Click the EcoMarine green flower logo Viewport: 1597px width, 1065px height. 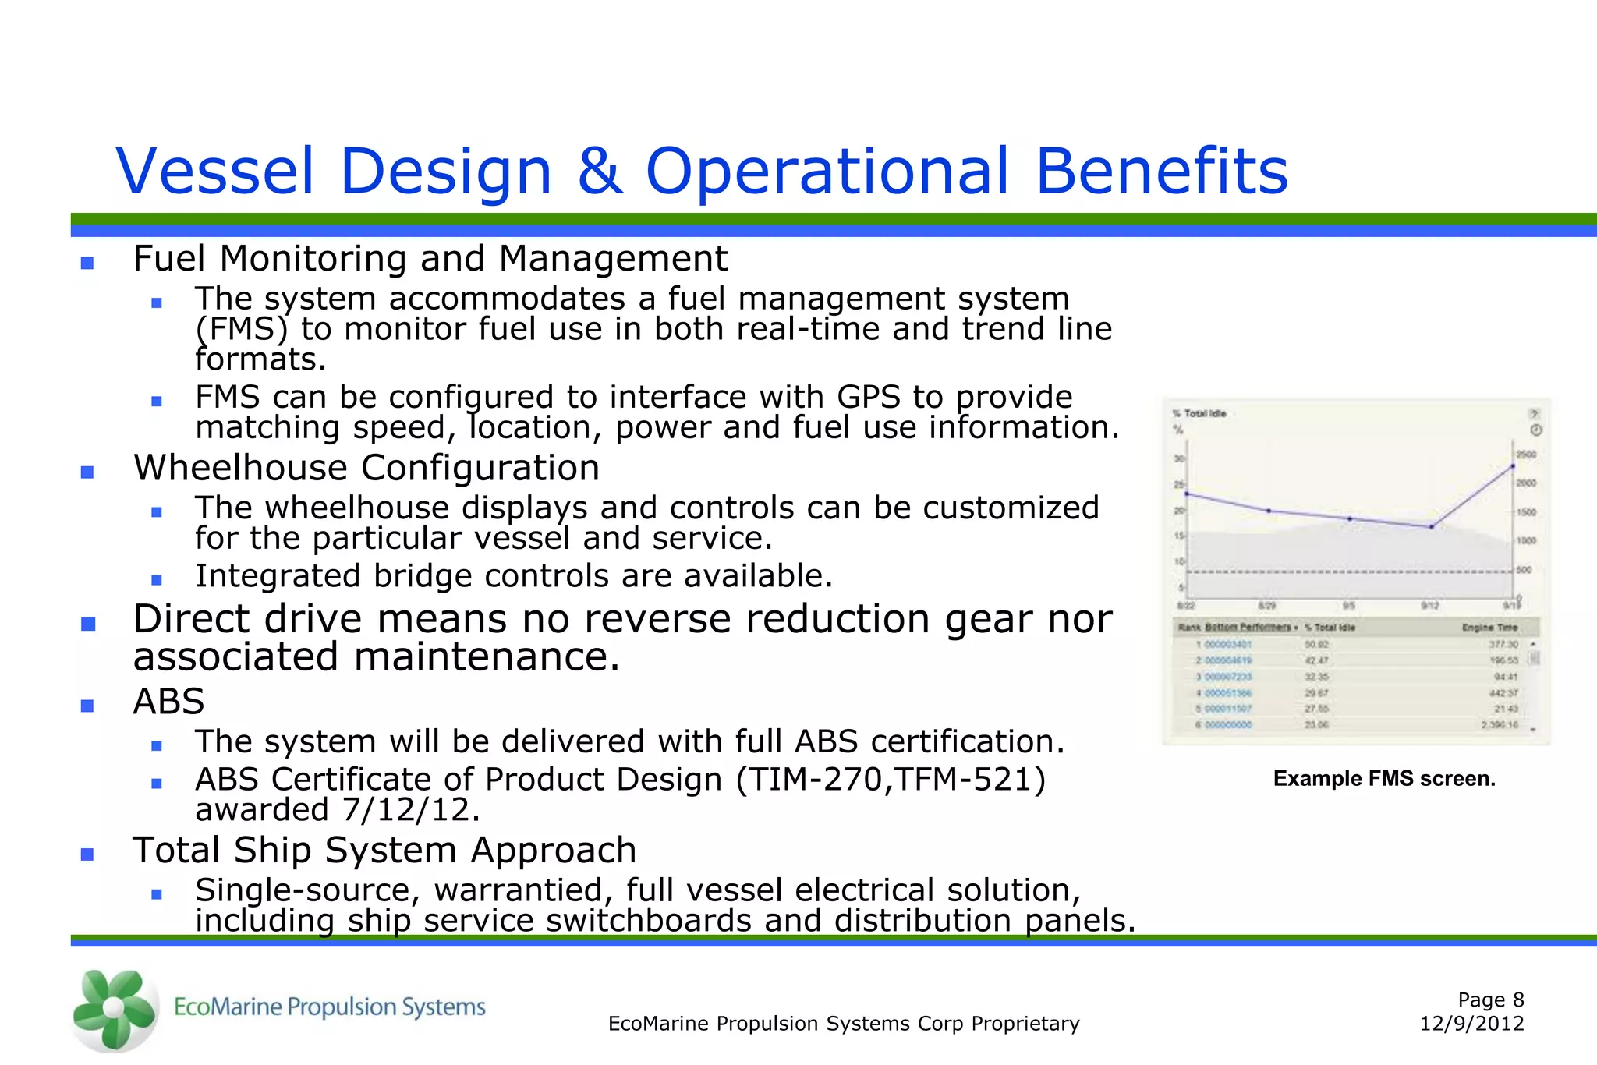pos(115,1009)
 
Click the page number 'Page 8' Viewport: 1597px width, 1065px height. pos(1490,1000)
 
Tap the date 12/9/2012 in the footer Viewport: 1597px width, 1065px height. pos(1471,1024)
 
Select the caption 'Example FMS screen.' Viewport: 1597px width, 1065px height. pos(1384,778)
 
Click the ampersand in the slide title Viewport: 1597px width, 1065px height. pos(599,171)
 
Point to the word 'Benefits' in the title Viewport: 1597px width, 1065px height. pos(1161,171)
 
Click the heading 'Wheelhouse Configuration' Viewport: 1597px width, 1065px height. pos(366,468)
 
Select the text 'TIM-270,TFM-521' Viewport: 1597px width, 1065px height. pos(890,780)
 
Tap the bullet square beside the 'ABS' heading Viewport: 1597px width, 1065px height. pos(87,706)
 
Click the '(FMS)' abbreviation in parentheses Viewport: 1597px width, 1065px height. pos(241,329)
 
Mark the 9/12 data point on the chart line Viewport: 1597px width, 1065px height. pos(1432,527)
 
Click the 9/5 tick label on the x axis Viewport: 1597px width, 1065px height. pos(1349,606)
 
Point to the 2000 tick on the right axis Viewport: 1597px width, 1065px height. pos(1525,483)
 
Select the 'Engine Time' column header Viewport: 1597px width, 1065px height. pos(1489,627)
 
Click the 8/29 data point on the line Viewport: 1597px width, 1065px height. pos(1269,511)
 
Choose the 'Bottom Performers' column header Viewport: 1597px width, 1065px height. pos(1248,627)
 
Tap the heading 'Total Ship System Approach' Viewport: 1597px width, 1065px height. pos(384,850)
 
